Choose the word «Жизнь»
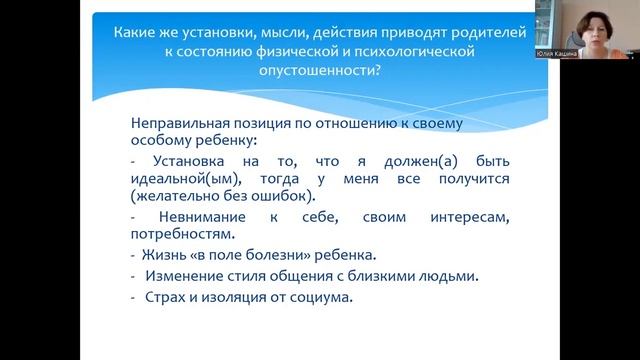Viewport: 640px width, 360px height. (x=160, y=256)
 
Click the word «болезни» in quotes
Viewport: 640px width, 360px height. (x=269, y=256)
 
